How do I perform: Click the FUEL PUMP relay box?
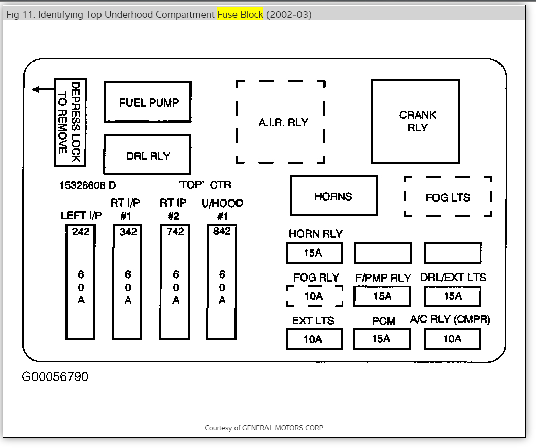tap(147, 102)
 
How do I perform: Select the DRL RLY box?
tap(147, 155)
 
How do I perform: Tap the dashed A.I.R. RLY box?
tap(281, 122)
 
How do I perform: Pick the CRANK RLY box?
tap(415, 121)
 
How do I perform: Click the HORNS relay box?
tap(333, 196)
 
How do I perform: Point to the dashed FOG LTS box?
tap(448, 196)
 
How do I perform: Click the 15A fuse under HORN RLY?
tap(314, 253)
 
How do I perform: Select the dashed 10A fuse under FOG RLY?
tap(314, 296)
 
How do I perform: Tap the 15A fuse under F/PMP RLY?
tap(382, 296)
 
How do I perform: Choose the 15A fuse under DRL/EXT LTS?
tap(452, 296)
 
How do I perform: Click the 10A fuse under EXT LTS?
tap(314, 339)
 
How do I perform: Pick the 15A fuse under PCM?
tap(382, 339)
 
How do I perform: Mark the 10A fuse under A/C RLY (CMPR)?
tap(452, 339)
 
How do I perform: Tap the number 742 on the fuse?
tap(175, 232)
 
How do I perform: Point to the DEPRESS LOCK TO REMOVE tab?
tap(70, 122)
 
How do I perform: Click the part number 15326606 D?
tap(87, 186)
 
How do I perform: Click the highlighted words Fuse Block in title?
tap(240, 15)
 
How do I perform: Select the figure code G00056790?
tap(55, 377)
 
